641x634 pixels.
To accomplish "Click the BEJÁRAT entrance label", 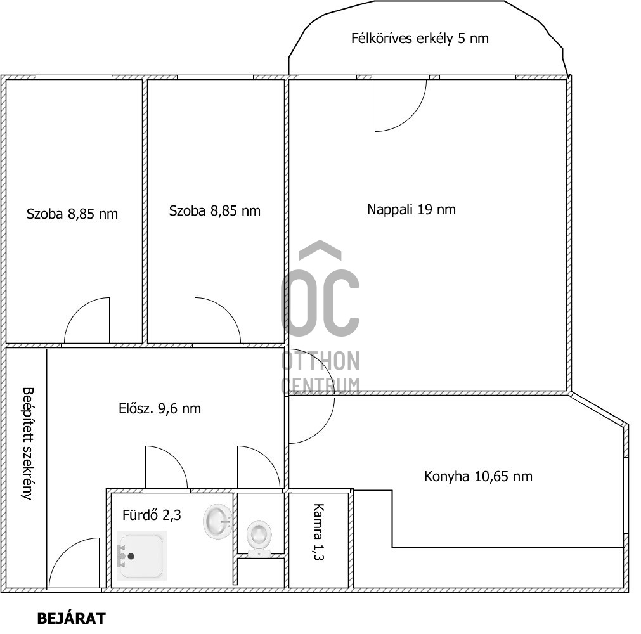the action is [x=72, y=618].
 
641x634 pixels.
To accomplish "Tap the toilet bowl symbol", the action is [x=259, y=538].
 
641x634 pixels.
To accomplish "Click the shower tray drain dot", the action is [x=131, y=556].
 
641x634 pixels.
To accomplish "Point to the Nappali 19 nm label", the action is [x=411, y=210].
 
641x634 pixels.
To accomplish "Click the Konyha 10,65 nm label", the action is [x=478, y=477].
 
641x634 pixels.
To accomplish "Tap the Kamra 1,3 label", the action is [x=318, y=532].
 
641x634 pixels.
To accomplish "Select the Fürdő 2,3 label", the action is [x=152, y=515].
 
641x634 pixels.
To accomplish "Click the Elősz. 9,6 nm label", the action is [x=160, y=409].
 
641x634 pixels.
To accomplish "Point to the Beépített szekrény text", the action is [x=28, y=444].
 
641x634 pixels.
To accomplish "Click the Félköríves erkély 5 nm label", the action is [x=420, y=39].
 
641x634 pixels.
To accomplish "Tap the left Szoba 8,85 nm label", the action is [x=72, y=214].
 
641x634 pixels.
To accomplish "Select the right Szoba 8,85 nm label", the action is [x=215, y=211].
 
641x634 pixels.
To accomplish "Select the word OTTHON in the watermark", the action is [x=321, y=361].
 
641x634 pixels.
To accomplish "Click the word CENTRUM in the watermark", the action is [x=321, y=386].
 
